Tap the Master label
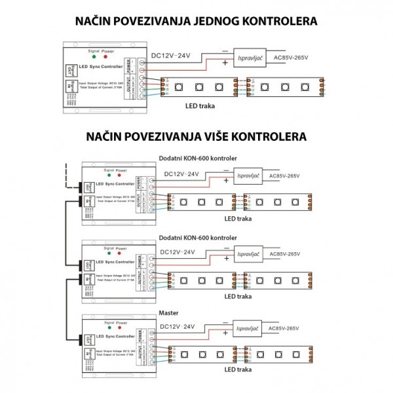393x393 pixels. (169, 313)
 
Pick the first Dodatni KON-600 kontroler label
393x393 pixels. (198, 159)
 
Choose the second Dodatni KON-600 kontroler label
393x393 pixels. (198, 237)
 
